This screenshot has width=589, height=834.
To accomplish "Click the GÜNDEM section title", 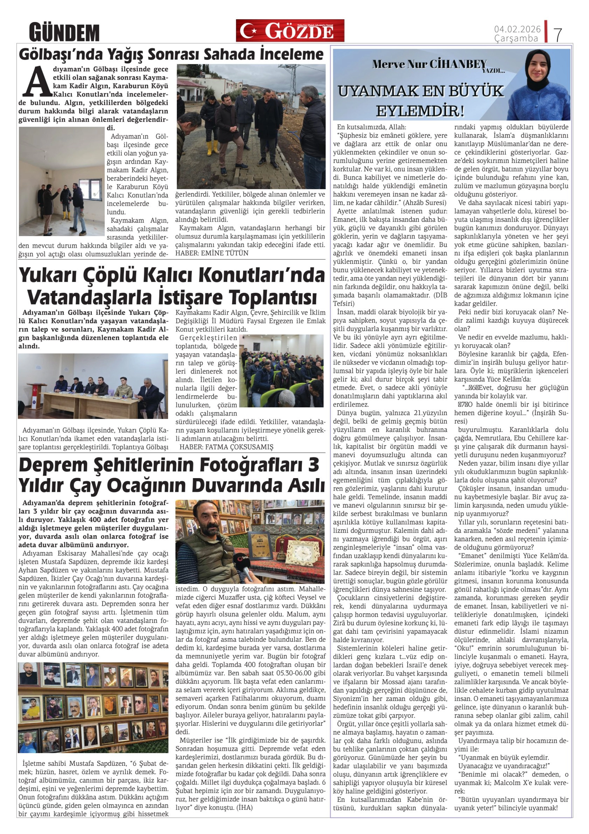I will [x=64, y=32].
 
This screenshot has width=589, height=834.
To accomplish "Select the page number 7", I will [x=558, y=34].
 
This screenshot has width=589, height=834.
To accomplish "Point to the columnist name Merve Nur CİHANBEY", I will [x=429, y=64].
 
